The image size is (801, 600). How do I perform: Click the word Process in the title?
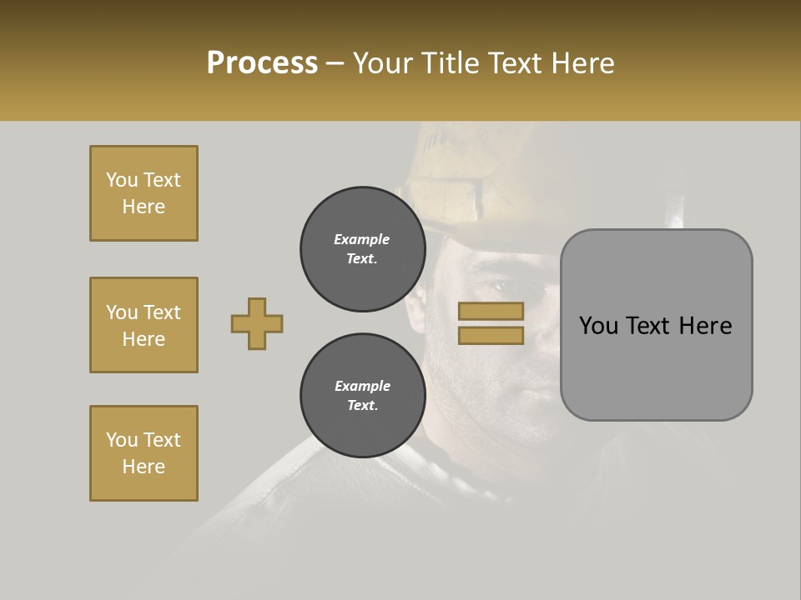(x=262, y=63)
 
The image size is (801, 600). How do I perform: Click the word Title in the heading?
(x=451, y=63)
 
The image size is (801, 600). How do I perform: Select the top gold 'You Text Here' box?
(x=144, y=193)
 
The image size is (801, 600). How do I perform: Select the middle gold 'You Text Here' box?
(x=144, y=325)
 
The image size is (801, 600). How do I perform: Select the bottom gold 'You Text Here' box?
(x=144, y=453)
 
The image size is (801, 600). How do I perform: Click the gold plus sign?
(x=257, y=323)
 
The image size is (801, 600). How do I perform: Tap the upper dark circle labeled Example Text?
(x=362, y=249)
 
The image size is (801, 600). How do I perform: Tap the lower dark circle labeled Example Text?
(x=362, y=396)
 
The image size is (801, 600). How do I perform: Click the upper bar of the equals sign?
(x=491, y=311)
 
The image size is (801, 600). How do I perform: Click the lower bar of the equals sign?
(x=491, y=335)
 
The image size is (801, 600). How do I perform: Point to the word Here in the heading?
(x=584, y=63)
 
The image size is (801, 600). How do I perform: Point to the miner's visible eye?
(x=498, y=286)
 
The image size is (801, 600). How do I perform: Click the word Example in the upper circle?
(x=362, y=239)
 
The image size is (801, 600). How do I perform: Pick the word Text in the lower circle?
(x=362, y=406)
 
